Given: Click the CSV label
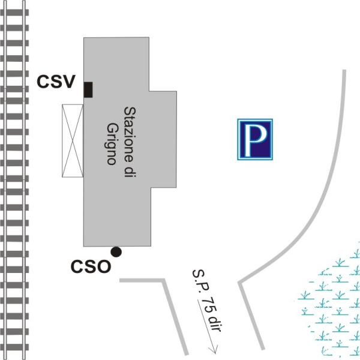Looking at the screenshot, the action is click(56, 82).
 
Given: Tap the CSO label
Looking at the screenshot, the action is click(91, 266).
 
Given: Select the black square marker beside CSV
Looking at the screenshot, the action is click(88, 89).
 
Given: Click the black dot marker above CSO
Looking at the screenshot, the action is click(116, 252).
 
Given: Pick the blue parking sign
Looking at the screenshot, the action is click(255, 139).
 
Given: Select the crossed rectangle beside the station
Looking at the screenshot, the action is click(73, 141).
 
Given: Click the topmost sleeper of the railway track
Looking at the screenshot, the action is click(14, 13).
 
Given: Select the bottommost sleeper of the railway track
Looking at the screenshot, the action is click(14, 347).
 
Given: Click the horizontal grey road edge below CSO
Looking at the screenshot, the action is click(142, 280).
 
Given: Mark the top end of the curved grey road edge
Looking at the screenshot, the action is click(344, 70).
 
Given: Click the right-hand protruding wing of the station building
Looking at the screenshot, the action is click(163, 139).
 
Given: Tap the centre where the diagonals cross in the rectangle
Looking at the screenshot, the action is click(73, 141).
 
